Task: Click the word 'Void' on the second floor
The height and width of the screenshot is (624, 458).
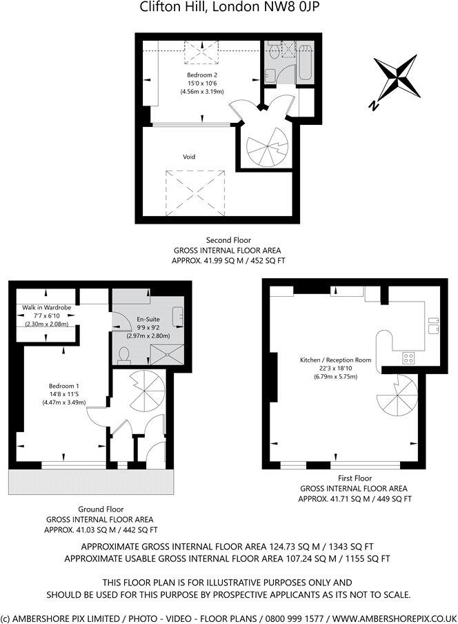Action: point(189,157)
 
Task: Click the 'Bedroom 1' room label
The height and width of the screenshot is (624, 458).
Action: point(63,385)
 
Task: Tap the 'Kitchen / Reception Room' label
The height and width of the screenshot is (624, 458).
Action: point(335,360)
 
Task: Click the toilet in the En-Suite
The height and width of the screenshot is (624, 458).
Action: point(125,353)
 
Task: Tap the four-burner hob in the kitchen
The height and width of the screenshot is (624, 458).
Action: point(408,358)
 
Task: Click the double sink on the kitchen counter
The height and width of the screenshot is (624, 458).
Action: point(433,324)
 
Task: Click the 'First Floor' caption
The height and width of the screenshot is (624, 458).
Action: point(355,478)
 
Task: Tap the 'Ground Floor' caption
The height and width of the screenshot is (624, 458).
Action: point(100,509)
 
